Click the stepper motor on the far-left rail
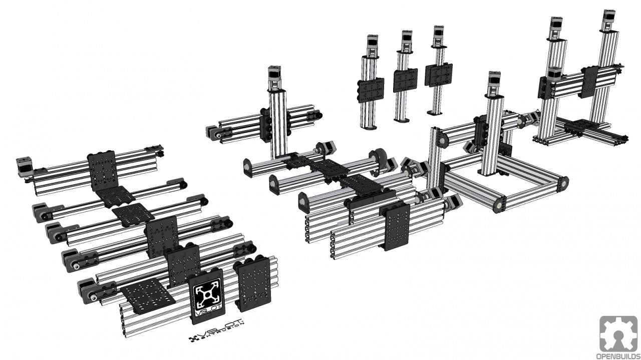(x=24, y=165)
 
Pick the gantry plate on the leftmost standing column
(x=371, y=90)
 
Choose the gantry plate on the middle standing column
(x=405, y=80)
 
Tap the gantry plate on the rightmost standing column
(x=438, y=75)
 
